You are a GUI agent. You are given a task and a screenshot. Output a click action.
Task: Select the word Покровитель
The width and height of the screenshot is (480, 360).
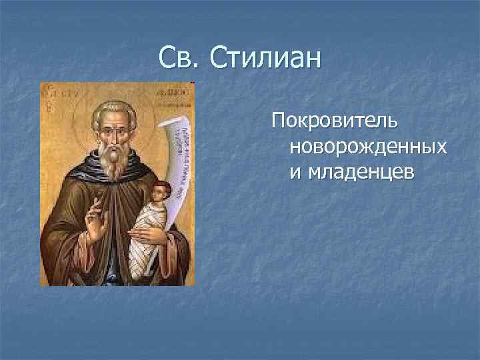[x=334, y=122]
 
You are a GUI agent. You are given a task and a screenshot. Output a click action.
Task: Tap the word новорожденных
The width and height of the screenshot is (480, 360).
[x=367, y=147]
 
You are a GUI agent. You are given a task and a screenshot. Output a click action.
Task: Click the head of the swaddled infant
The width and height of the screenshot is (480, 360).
[x=161, y=194]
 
